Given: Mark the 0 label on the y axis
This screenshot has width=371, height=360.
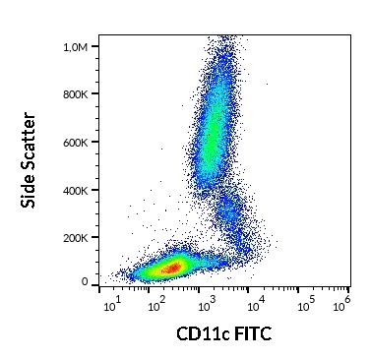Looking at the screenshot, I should point(87,281).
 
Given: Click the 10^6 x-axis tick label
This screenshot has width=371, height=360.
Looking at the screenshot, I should point(343,303).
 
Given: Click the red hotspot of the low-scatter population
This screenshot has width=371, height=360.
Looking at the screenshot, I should point(172,267).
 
